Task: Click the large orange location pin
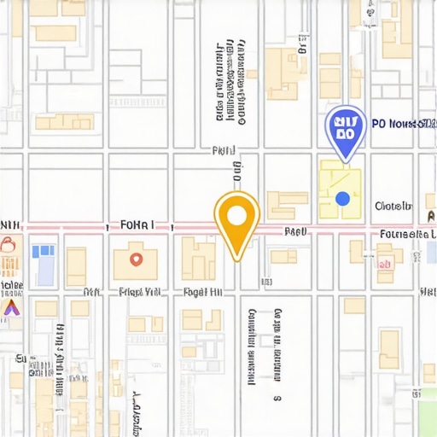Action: [x=236, y=216]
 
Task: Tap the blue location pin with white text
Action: [x=346, y=129]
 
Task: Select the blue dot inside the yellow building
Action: [x=342, y=198]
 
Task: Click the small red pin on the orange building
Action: [x=135, y=258]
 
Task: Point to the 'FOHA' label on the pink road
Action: [x=137, y=226]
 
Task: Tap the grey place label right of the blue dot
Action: [x=393, y=206]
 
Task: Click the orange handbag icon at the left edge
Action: [x=8, y=248]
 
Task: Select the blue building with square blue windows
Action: [x=43, y=253]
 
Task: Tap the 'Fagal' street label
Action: [x=203, y=292]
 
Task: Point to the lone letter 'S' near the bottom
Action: [x=276, y=398]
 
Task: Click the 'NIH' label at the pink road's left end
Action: [x=10, y=226]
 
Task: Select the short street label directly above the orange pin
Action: [x=224, y=151]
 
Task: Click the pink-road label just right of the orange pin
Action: [x=295, y=231]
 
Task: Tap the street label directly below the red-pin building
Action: [x=140, y=292]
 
